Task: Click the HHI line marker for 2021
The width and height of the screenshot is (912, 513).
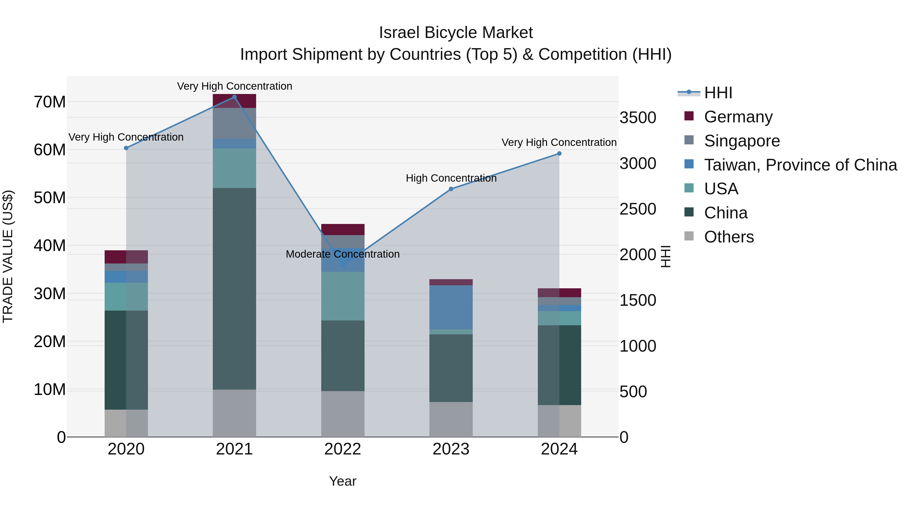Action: tap(234, 97)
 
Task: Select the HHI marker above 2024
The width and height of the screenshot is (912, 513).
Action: tap(559, 154)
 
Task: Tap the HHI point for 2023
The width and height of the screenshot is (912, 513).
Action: tap(451, 189)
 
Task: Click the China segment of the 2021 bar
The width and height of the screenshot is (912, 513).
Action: tap(234, 289)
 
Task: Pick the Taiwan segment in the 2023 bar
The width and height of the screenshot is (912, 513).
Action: tap(451, 307)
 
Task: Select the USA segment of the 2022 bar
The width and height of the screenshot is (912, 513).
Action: tap(342, 296)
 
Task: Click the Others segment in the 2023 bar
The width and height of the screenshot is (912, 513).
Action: tap(451, 419)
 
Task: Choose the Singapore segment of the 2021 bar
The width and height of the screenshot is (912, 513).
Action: tap(234, 123)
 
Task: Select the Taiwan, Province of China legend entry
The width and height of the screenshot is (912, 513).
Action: tap(800, 165)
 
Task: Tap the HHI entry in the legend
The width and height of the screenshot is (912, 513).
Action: tap(718, 93)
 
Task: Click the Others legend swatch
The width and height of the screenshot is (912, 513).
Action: tap(689, 236)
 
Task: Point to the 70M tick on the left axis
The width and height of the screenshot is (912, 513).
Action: tap(50, 102)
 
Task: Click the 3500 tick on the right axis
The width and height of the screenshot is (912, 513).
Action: tap(638, 118)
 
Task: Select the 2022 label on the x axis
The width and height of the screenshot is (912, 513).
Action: tap(342, 449)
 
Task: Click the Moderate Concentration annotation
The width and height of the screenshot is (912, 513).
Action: tap(342, 254)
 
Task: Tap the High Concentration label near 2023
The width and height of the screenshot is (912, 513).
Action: tap(451, 178)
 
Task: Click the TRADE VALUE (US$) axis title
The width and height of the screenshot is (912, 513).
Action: tap(8, 256)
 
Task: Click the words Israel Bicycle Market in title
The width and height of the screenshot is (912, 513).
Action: tap(456, 33)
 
